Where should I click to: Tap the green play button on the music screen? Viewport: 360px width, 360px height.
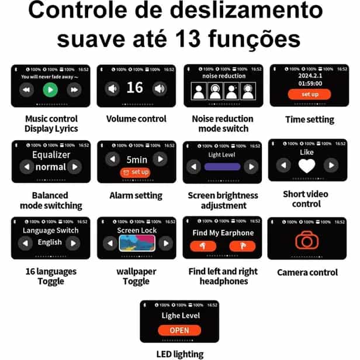50,89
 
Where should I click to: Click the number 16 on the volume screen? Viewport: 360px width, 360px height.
134,88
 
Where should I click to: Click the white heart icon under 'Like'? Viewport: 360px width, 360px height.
307,165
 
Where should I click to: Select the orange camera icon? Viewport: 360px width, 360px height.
307,240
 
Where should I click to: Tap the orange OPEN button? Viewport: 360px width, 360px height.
179,330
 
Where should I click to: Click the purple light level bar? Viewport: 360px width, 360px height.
222,167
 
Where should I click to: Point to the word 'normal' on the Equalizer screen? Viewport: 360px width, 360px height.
50,167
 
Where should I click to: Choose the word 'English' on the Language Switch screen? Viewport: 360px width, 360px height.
50,243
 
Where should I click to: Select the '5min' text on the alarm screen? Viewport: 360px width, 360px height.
136,158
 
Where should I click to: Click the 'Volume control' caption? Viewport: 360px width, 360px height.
136,119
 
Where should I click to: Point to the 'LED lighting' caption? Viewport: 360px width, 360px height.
179,354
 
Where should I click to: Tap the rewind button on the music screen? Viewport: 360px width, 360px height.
26,89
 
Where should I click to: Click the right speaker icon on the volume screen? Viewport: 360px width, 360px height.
159,89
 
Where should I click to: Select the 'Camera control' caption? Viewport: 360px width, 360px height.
307,272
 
